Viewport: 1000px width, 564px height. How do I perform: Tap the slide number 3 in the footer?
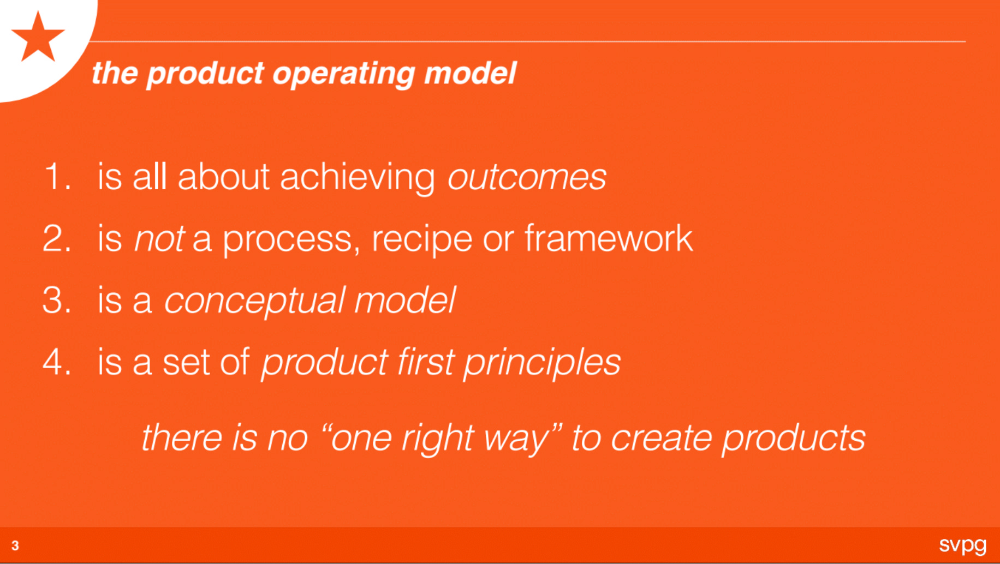(x=15, y=545)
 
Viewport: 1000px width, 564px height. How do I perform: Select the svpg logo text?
(x=963, y=545)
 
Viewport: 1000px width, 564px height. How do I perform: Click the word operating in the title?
(x=343, y=74)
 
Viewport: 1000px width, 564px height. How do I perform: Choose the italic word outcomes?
(x=527, y=177)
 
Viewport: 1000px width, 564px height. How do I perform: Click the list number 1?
(x=57, y=177)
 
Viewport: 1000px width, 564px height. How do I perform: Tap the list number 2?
(x=57, y=238)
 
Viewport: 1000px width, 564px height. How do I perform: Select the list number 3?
(x=57, y=300)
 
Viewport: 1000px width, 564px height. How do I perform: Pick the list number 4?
(x=57, y=362)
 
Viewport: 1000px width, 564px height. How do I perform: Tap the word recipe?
(x=421, y=240)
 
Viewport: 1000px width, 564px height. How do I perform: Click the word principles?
(x=542, y=363)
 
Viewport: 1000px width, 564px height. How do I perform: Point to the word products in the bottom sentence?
(x=794, y=440)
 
